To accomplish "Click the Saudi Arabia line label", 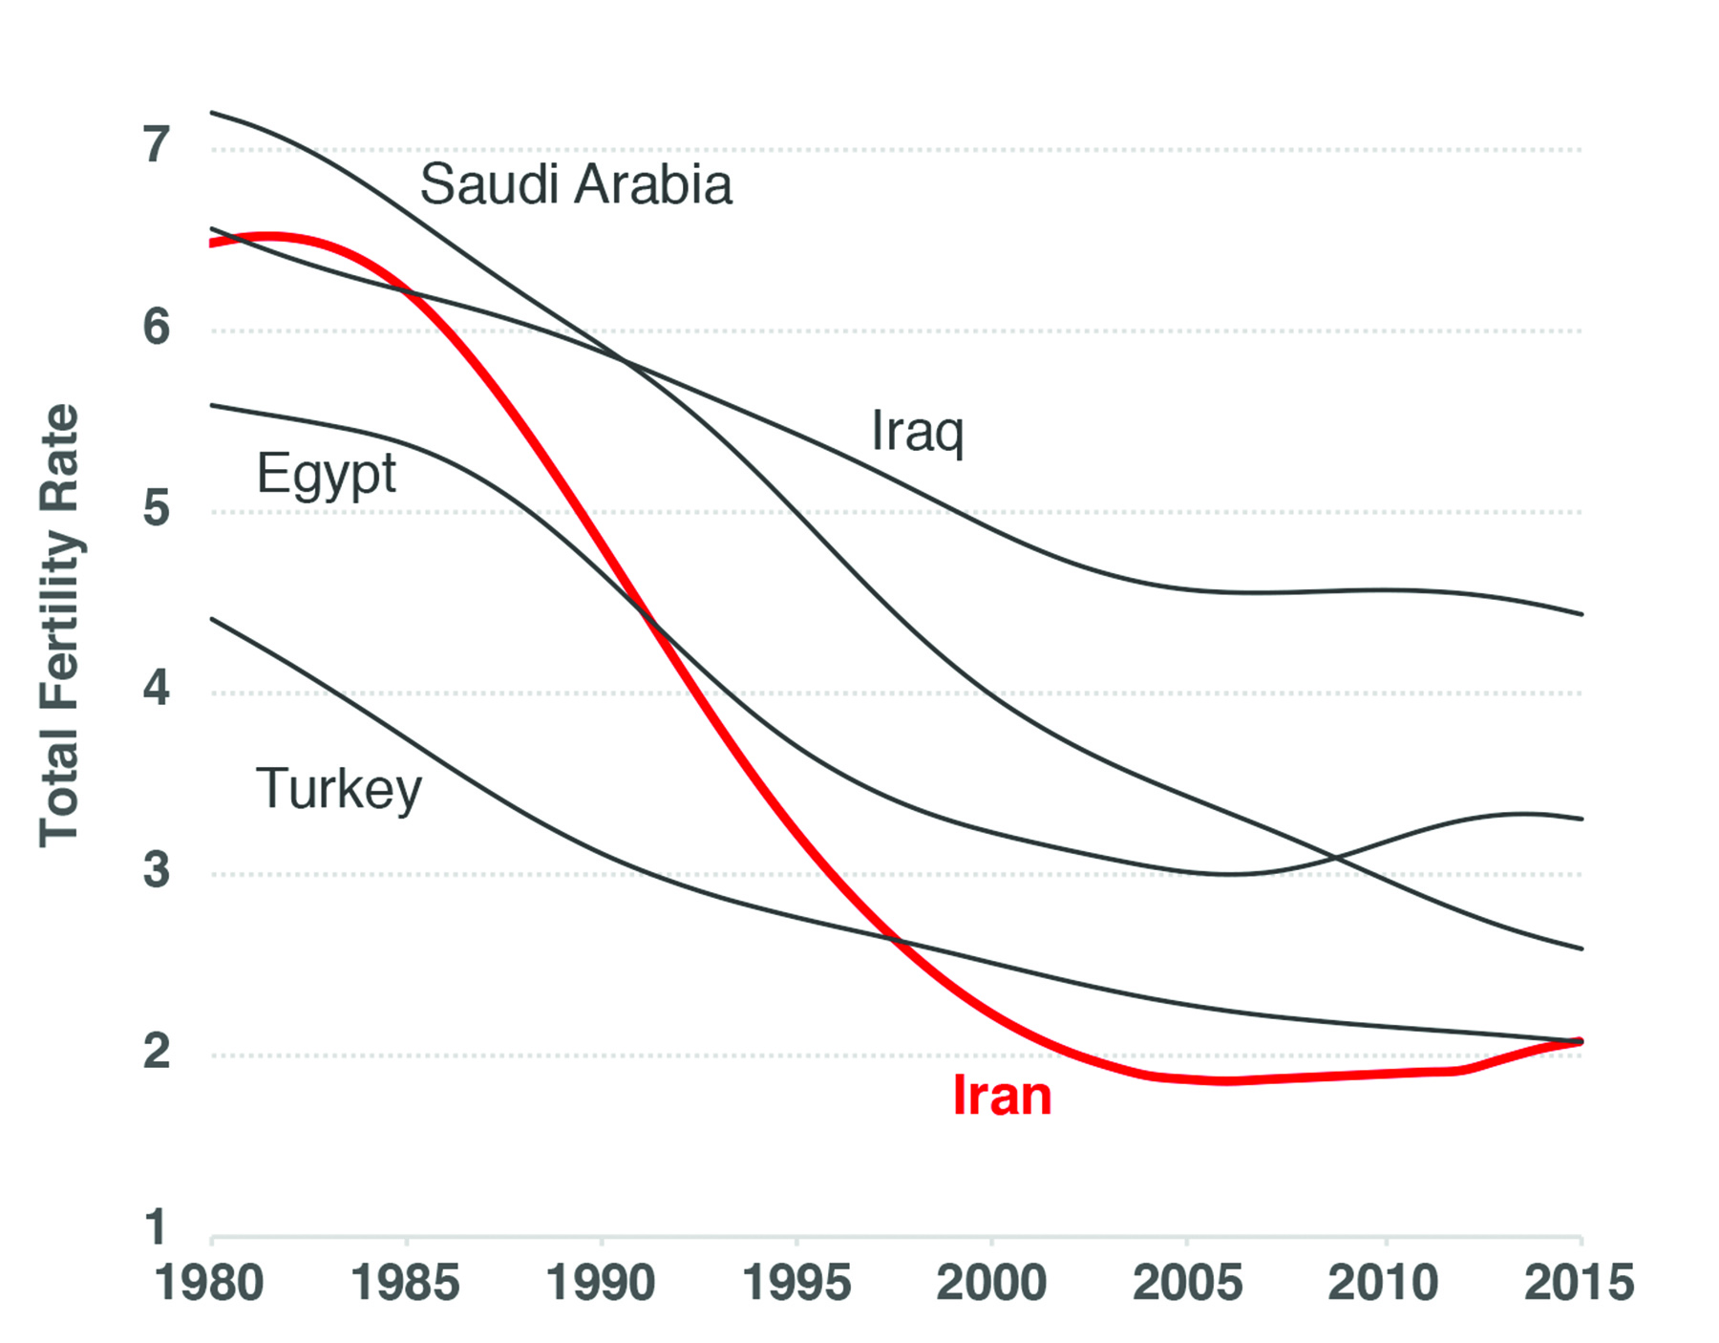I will pos(576,184).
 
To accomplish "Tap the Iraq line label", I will pos(917,432).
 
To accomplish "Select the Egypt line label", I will pos(327,474).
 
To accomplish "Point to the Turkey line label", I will pos(339,789).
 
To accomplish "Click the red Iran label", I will pos(1002,1096).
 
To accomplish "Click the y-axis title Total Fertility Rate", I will pos(59,626).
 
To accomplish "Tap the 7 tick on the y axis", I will pos(157,145).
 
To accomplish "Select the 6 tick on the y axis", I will pos(157,327).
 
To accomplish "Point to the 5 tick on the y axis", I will pos(157,508).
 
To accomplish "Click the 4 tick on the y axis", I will pos(157,688).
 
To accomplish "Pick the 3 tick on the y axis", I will pos(157,870).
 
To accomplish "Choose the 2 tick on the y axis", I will pos(157,1052).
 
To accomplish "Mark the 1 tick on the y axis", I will pos(157,1227).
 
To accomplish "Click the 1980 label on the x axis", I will pos(210,1283).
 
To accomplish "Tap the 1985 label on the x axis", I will pos(405,1283).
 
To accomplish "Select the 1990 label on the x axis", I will pos(601,1283).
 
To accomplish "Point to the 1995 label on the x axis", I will pos(796,1283).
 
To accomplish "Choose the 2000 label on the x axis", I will pos(991,1283).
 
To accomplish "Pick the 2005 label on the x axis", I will pos(1187,1283).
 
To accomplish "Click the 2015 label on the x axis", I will pos(1579,1283).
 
